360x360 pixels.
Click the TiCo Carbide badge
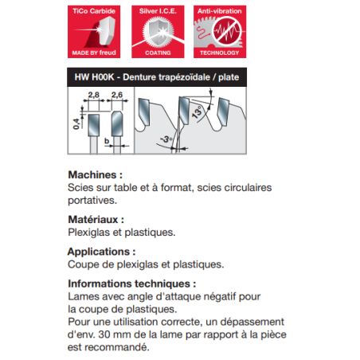coord(94,32)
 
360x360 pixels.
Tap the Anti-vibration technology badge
coord(217,32)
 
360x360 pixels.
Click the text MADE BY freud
coord(94,54)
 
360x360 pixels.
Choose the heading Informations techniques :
coord(131,283)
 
